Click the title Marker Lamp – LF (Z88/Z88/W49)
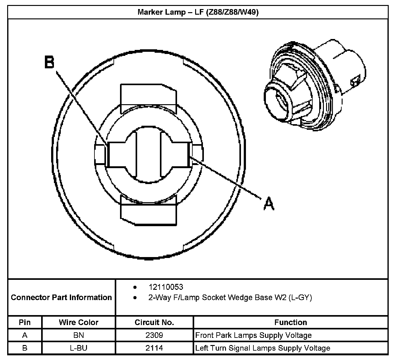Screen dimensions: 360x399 click(198, 12)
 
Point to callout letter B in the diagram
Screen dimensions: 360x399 click(49, 62)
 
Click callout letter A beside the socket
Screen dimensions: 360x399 click(269, 204)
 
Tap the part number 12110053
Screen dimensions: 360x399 click(166, 287)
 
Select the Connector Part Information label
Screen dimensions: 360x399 click(61, 297)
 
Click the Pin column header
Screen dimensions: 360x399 click(25, 322)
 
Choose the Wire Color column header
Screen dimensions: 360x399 click(79, 322)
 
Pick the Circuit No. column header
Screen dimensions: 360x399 click(154, 322)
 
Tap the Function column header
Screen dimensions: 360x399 click(291, 322)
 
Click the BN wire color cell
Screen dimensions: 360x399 click(79, 335)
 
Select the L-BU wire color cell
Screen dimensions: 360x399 click(79, 348)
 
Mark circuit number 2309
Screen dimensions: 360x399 click(154, 335)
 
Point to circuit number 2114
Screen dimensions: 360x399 click(154, 348)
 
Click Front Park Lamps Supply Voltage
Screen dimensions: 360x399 click(253, 335)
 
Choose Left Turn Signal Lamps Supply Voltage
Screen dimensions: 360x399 click(262, 348)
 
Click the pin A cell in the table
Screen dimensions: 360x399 click(25, 335)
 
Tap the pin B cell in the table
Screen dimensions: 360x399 click(25, 348)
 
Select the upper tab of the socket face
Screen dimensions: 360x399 click(148, 97)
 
